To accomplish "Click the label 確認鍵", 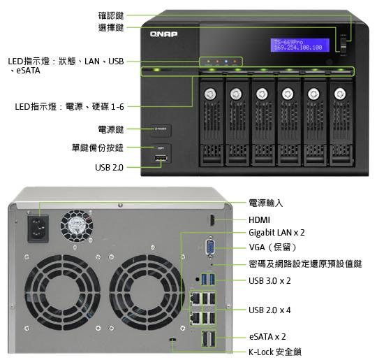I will click(x=111, y=15).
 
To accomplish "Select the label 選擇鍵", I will click(x=111, y=27).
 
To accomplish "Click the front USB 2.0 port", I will click(x=161, y=162).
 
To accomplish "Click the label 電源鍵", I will click(x=111, y=129).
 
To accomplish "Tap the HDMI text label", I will click(x=260, y=219).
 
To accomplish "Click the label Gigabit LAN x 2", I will click(x=276, y=233).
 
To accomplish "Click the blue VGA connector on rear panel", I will click(x=210, y=249).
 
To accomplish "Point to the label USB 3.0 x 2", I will click(x=269, y=280).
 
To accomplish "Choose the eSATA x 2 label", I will click(x=267, y=336).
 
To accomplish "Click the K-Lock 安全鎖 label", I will click(x=275, y=352).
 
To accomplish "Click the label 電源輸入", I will click(x=265, y=203).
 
